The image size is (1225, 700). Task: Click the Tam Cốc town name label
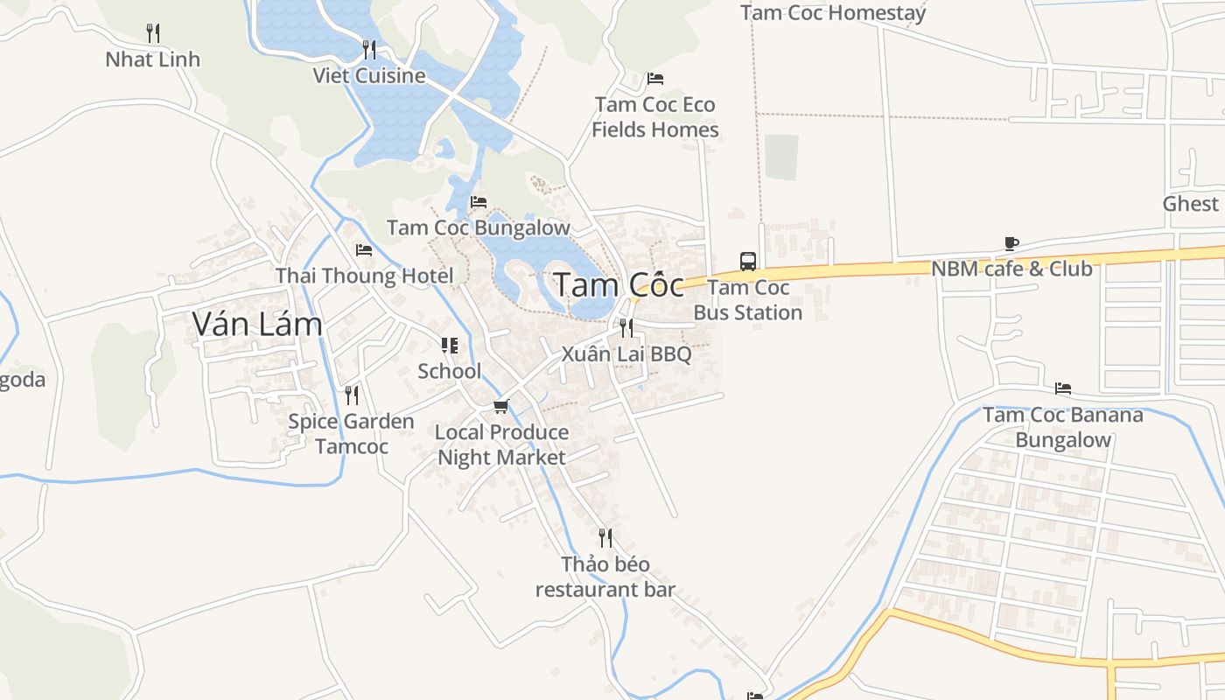[x=619, y=285]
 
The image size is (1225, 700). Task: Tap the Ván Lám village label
[x=257, y=325]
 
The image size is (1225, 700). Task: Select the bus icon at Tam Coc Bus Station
[x=747, y=261]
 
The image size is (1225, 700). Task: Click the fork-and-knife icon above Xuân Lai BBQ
[x=626, y=328]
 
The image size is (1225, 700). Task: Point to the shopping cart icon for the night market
[x=500, y=406]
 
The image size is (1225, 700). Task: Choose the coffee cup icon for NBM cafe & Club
[x=1011, y=243]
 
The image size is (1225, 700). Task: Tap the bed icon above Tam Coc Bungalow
[x=478, y=202]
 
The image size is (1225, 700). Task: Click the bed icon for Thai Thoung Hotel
[x=364, y=250]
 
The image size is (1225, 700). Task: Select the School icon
[x=449, y=346]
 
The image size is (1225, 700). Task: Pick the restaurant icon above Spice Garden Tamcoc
[x=351, y=395]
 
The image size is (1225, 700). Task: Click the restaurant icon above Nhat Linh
[x=153, y=33]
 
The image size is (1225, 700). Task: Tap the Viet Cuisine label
[x=369, y=75]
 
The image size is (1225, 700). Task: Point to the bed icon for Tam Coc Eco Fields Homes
[x=654, y=79]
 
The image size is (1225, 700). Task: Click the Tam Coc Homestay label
[x=832, y=13]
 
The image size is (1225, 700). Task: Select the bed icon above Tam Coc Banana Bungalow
[x=1063, y=388]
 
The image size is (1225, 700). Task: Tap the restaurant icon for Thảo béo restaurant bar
[x=605, y=537]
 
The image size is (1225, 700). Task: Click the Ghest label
[x=1190, y=204]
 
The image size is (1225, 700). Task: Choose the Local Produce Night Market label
[x=501, y=444]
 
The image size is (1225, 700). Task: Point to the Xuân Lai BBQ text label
[x=626, y=354]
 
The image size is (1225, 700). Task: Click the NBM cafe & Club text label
[x=1011, y=269]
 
